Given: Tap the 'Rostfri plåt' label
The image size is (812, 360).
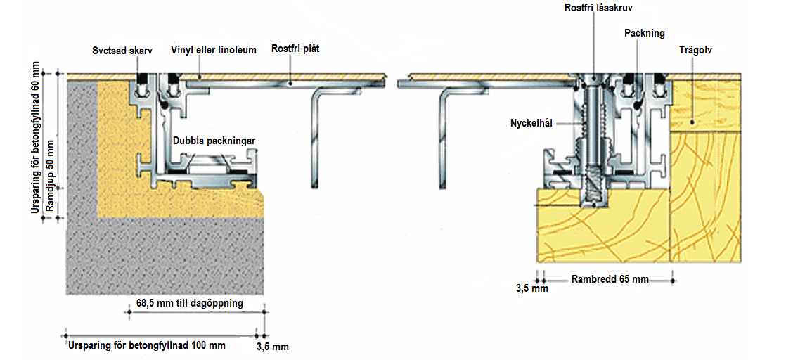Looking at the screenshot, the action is [293, 50].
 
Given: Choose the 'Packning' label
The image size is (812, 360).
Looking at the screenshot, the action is [645, 33].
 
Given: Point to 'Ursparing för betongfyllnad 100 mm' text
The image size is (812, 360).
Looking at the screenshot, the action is [146, 345].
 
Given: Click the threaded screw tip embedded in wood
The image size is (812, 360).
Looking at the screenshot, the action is [593, 190].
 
